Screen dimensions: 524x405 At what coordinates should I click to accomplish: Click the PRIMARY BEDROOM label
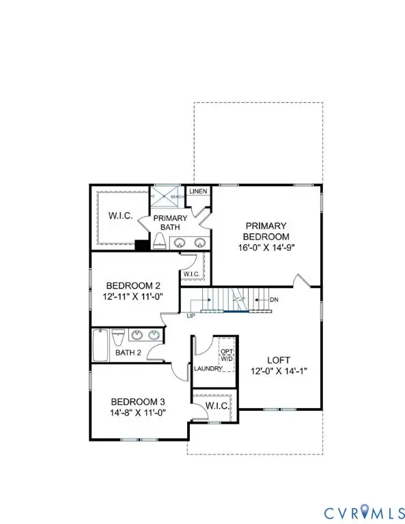[x=266, y=231]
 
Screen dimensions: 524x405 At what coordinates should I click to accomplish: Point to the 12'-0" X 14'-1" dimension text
[x=279, y=372]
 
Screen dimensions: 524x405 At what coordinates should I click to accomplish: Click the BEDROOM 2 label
[x=134, y=286]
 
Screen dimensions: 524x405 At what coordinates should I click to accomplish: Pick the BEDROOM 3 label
[x=139, y=401]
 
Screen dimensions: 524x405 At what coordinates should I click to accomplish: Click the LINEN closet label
[x=199, y=192]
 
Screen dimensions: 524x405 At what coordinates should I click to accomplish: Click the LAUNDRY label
[x=208, y=368]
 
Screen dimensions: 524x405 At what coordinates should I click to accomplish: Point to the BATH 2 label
[x=128, y=353]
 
